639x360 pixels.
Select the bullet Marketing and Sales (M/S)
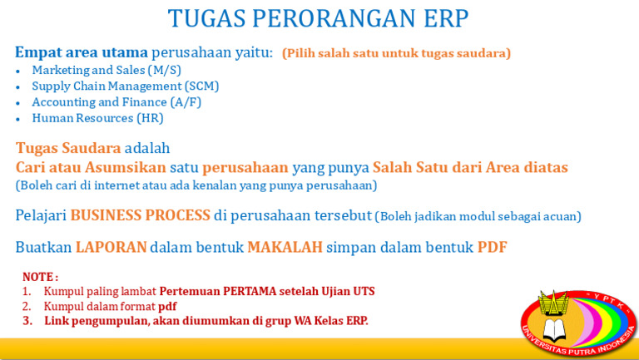tap(106, 70)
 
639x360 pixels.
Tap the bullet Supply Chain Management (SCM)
tap(125, 86)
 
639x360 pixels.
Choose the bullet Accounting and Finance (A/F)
tap(116, 101)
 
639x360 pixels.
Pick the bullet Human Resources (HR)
tap(97, 117)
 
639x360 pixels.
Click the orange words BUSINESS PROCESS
tap(140, 215)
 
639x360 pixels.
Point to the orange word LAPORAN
tap(111, 247)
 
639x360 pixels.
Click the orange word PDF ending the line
tap(492, 247)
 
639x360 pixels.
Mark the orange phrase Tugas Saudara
tap(68, 148)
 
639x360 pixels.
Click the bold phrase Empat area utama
tap(81, 52)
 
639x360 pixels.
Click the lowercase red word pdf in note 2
tap(167, 306)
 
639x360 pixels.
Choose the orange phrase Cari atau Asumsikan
tap(91, 167)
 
